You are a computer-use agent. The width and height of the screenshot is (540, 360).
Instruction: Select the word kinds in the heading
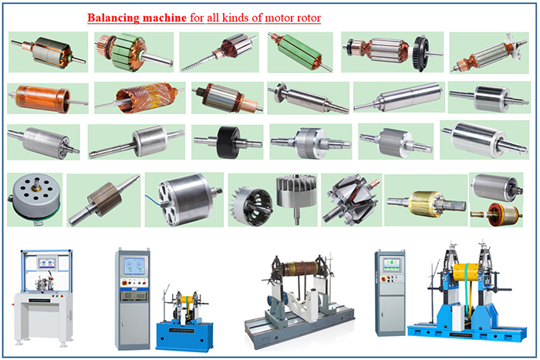pyautogui.click(x=231, y=17)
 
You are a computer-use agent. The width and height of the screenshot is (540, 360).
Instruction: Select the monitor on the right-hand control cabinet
pyautogui.click(x=389, y=264)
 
